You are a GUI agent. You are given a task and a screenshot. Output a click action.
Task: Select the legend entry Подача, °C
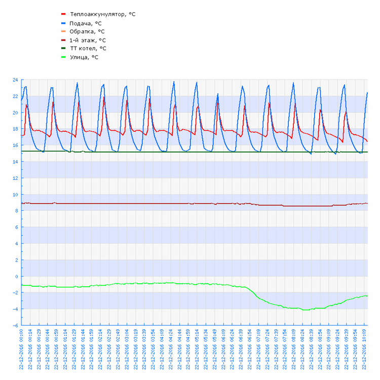[86, 23]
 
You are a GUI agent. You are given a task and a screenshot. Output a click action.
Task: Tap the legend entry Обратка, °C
[87, 31]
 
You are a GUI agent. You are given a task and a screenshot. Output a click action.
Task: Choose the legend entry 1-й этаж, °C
[88, 40]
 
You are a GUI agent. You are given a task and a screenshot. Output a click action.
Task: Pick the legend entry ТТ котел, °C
[88, 49]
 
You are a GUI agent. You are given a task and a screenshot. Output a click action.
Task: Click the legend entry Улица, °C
[84, 57]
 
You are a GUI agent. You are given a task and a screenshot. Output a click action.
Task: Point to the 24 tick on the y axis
[15, 80]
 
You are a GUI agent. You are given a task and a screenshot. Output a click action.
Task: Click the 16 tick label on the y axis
[15, 145]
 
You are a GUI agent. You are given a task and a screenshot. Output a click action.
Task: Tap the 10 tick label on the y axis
[15, 195]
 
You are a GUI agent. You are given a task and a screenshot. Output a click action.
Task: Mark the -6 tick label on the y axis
[15, 326]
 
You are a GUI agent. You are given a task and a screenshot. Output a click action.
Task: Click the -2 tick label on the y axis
[15, 293]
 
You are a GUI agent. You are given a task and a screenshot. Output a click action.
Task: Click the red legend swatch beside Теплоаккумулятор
[63, 14]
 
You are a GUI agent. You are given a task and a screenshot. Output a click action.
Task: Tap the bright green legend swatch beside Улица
[63, 57]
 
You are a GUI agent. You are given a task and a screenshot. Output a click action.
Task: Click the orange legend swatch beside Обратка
[63, 31]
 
